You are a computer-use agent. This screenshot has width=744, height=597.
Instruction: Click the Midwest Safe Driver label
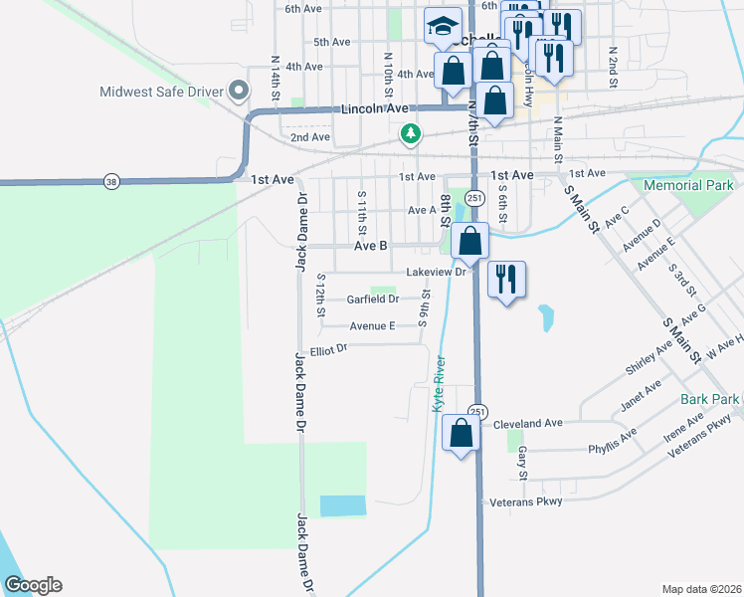[160, 93]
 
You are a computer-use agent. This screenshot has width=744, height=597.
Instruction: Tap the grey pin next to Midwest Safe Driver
[238, 93]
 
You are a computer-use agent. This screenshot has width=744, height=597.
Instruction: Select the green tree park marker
[409, 133]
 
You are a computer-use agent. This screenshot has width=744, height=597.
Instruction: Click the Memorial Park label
[688, 185]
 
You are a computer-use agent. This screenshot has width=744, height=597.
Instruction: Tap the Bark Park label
[710, 399]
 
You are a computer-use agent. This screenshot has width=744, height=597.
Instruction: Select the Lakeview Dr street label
[436, 272]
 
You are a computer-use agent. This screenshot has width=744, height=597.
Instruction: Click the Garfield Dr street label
[372, 298]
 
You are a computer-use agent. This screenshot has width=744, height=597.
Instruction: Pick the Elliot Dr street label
[327, 349]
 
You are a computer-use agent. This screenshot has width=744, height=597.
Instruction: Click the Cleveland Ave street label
[527, 423]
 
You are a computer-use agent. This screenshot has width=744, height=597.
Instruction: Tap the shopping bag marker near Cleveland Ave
[461, 434]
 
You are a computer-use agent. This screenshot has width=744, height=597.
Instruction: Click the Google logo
[33, 585]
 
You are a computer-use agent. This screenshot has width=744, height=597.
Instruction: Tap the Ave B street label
[369, 245]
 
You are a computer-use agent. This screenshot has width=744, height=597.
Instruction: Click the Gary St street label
[522, 460]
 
